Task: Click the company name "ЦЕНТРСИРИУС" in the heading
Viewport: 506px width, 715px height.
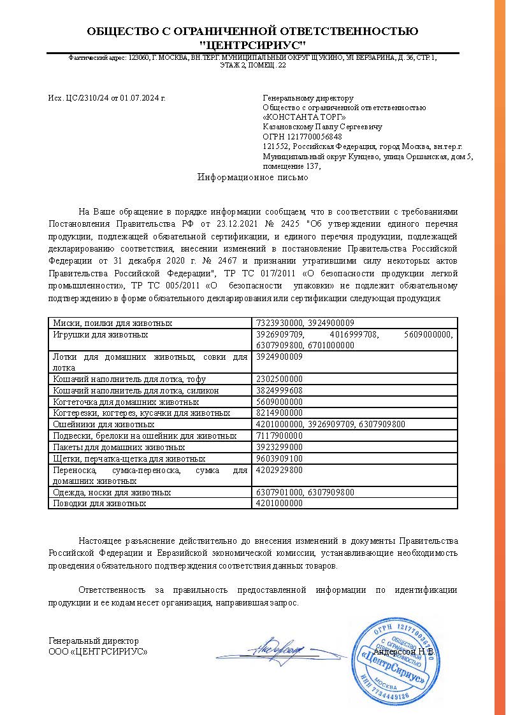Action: click(252, 45)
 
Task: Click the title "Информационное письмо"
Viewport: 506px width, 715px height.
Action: click(253, 178)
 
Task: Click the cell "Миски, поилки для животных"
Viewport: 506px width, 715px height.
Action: click(113, 323)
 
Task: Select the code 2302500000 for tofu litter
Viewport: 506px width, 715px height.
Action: click(278, 379)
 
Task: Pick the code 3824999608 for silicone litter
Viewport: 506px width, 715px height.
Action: click(278, 390)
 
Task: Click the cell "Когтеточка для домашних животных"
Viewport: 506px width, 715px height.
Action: click(126, 402)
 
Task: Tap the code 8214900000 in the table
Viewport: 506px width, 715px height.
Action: click(278, 413)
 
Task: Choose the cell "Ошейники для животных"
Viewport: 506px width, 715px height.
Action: click(103, 424)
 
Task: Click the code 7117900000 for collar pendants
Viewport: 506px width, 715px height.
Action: click(278, 435)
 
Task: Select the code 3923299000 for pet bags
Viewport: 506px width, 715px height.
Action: click(278, 447)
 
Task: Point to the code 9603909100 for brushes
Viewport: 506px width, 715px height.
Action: click(278, 458)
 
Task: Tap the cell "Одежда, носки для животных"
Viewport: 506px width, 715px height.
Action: click(112, 492)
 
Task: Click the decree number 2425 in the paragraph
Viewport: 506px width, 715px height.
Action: click(288, 224)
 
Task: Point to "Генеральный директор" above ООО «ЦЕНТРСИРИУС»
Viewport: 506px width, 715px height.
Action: click(94, 641)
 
